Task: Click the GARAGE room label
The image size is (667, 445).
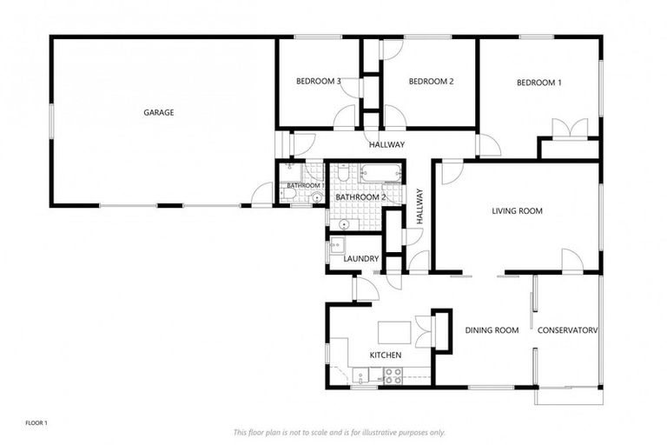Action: [x=159, y=112]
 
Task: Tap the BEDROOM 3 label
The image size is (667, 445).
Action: [x=317, y=82]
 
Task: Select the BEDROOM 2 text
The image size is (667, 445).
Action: [x=432, y=82]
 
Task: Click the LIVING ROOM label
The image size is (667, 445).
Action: [x=517, y=210]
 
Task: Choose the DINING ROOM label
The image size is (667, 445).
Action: [x=492, y=330]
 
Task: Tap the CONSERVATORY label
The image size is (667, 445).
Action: [x=568, y=330]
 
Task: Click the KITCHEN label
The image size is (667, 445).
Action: [x=385, y=355]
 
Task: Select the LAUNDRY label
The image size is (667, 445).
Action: [x=360, y=259]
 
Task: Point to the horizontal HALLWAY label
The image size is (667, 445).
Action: [x=386, y=144]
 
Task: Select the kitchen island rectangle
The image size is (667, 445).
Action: [x=393, y=332]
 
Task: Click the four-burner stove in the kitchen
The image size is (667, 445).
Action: [x=393, y=376]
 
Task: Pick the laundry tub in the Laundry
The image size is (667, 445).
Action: [x=338, y=247]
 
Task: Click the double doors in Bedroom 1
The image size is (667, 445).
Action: [x=569, y=130]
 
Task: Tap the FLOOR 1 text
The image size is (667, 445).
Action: [x=36, y=423]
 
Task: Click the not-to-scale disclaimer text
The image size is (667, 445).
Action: [x=340, y=432]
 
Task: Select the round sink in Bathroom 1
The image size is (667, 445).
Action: [x=317, y=197]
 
